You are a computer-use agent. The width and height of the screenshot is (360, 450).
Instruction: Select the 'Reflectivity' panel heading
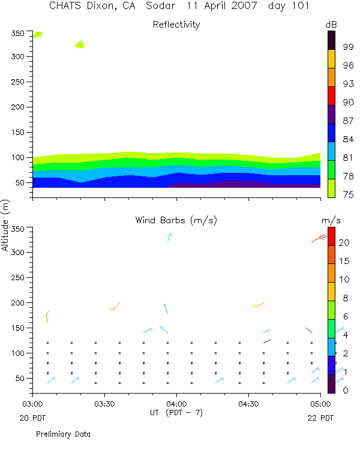tap(176, 25)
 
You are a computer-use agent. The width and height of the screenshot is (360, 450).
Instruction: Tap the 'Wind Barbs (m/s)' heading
tap(176, 221)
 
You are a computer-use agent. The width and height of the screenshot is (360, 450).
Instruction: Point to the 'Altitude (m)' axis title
tap(6, 225)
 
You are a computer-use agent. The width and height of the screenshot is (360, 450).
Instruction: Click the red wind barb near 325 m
tap(319, 239)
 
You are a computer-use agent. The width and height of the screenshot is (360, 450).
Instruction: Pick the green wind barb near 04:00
tap(169, 238)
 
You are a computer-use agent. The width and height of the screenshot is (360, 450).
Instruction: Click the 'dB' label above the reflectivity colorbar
tap(331, 24)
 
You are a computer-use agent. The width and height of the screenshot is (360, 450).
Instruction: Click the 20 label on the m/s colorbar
tap(343, 242)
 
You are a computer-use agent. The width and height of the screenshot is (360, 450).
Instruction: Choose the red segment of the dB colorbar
tap(331, 96)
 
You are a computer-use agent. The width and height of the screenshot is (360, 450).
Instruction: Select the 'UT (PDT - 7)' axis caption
tap(176, 413)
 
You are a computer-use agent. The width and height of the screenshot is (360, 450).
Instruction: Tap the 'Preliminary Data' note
tap(63, 433)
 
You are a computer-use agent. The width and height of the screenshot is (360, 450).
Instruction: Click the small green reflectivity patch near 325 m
tap(80, 44)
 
